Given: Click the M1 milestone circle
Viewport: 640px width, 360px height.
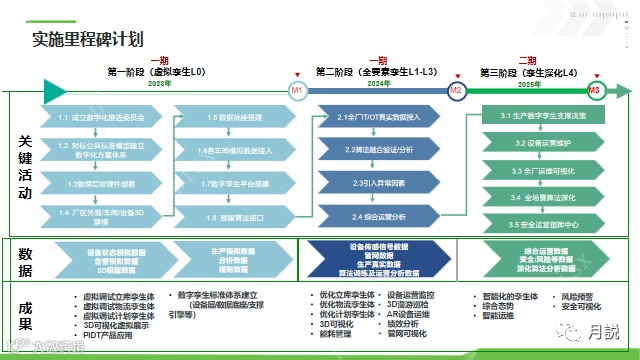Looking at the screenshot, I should coord(297,89).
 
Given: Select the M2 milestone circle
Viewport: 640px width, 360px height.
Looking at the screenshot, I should coord(456,89).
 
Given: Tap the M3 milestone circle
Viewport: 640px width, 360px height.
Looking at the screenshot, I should coord(595,89).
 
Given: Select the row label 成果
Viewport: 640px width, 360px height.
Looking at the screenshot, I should coord(25,315).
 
